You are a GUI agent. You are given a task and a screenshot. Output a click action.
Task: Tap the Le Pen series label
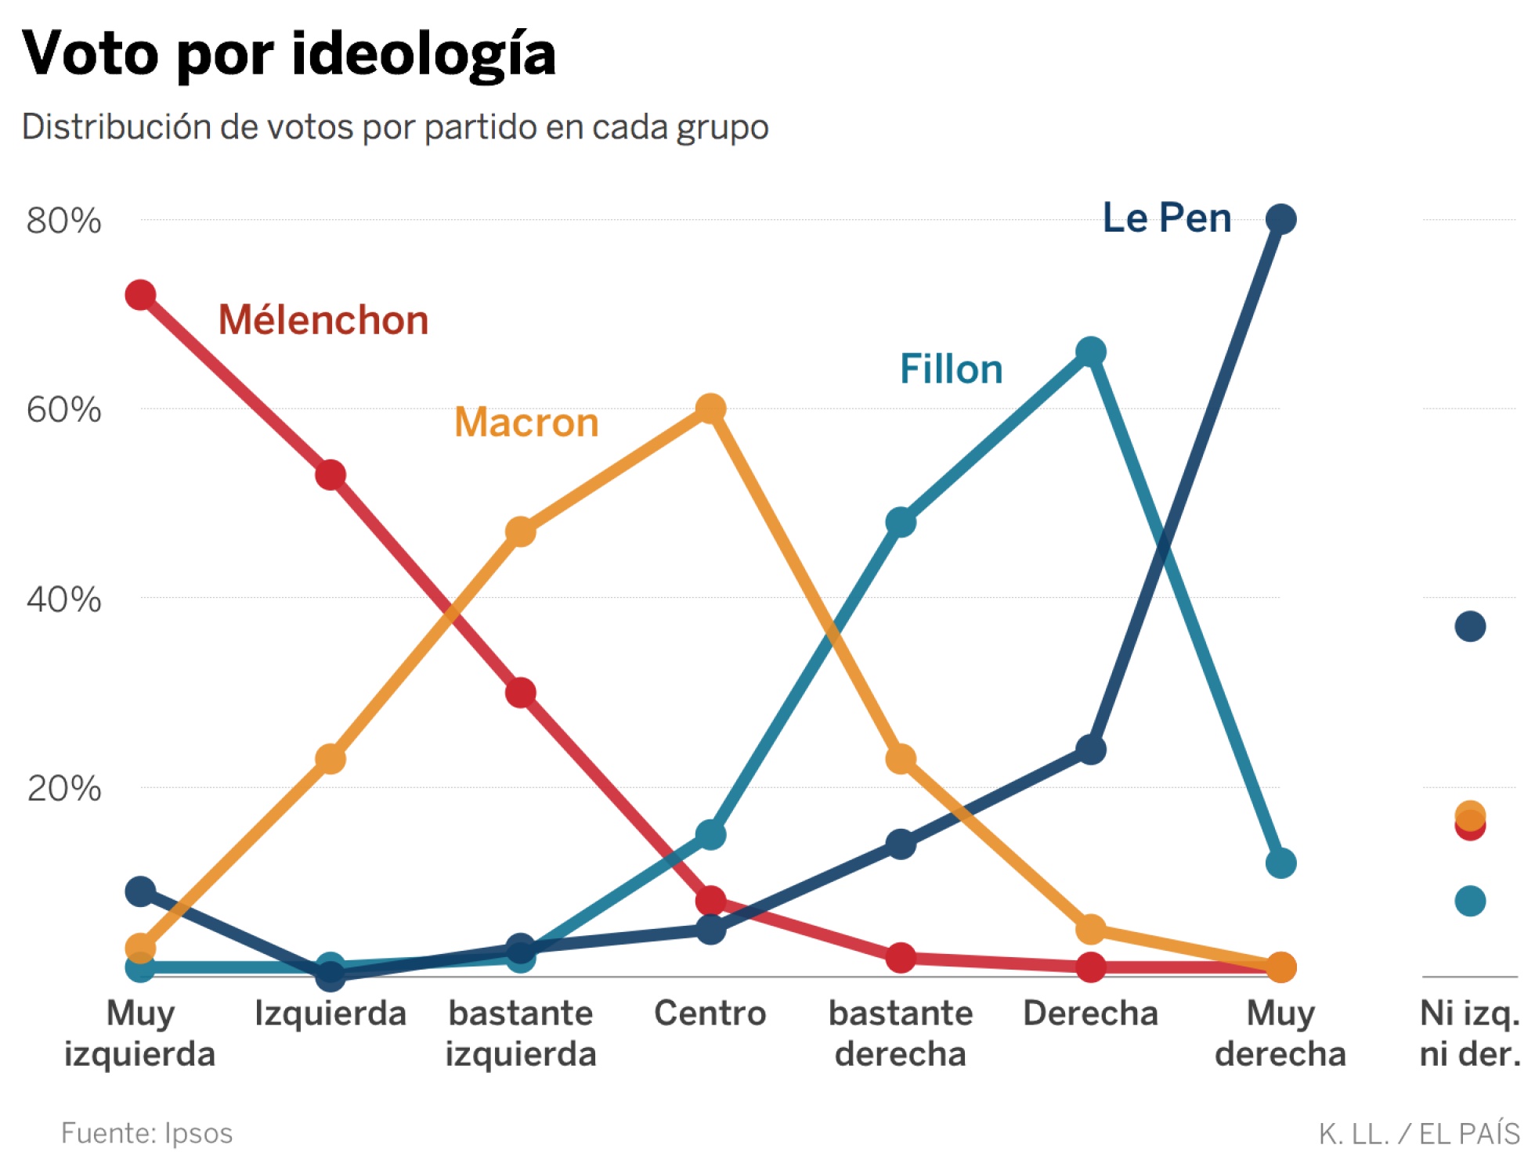1166,218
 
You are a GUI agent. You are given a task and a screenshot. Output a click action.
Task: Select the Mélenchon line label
323,320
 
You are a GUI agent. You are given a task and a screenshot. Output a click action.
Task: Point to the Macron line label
526,423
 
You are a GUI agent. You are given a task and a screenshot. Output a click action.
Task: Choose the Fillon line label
951,369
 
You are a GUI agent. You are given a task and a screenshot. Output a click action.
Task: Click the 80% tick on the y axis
63,221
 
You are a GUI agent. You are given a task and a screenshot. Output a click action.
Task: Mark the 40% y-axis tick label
63,599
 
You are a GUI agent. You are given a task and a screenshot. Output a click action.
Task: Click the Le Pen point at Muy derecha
1280,219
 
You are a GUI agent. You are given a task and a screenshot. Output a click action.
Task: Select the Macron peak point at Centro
710,409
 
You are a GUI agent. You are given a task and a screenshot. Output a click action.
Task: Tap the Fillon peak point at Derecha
1090,352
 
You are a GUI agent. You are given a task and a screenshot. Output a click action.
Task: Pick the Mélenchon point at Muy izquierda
140,295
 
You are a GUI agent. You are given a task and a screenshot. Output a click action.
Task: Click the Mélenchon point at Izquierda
330,475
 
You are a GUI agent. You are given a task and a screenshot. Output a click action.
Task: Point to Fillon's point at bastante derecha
901,522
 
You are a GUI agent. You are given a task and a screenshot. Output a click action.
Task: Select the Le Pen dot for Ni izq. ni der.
1470,626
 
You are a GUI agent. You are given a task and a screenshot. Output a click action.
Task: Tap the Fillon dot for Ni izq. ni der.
1470,901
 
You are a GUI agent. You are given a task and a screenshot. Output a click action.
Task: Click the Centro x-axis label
710,1013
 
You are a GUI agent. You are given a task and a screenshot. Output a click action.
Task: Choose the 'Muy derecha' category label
1280,1033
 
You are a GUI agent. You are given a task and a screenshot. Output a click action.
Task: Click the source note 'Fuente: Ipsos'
146,1133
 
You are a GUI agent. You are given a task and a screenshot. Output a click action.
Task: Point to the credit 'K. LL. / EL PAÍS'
1418,1133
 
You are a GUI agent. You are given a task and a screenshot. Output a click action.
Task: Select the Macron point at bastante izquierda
520,532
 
